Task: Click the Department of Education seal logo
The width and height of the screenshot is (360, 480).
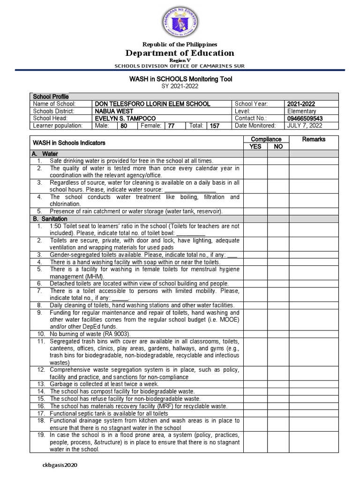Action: point(180,22)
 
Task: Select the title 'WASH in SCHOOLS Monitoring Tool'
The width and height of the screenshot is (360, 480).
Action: point(180,79)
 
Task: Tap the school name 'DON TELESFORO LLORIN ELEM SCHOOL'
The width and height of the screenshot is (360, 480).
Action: point(152,104)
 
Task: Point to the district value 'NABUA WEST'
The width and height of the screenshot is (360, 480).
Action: point(114,111)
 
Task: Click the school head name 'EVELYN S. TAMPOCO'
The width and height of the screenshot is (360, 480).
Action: point(125,119)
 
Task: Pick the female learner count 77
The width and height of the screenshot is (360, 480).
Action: point(171,126)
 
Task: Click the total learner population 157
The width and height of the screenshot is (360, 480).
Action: point(215,126)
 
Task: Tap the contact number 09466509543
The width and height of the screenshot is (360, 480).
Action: point(305,119)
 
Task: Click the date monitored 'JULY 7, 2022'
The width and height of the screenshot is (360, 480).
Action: point(305,126)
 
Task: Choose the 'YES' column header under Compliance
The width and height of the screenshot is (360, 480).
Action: point(255,146)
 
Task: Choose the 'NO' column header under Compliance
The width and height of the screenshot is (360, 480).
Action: point(278,146)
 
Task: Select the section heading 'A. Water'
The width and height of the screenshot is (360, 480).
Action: point(45,153)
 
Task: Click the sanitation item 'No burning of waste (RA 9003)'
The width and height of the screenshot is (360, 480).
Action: point(90,334)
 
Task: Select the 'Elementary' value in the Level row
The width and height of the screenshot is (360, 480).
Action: point(301,111)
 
